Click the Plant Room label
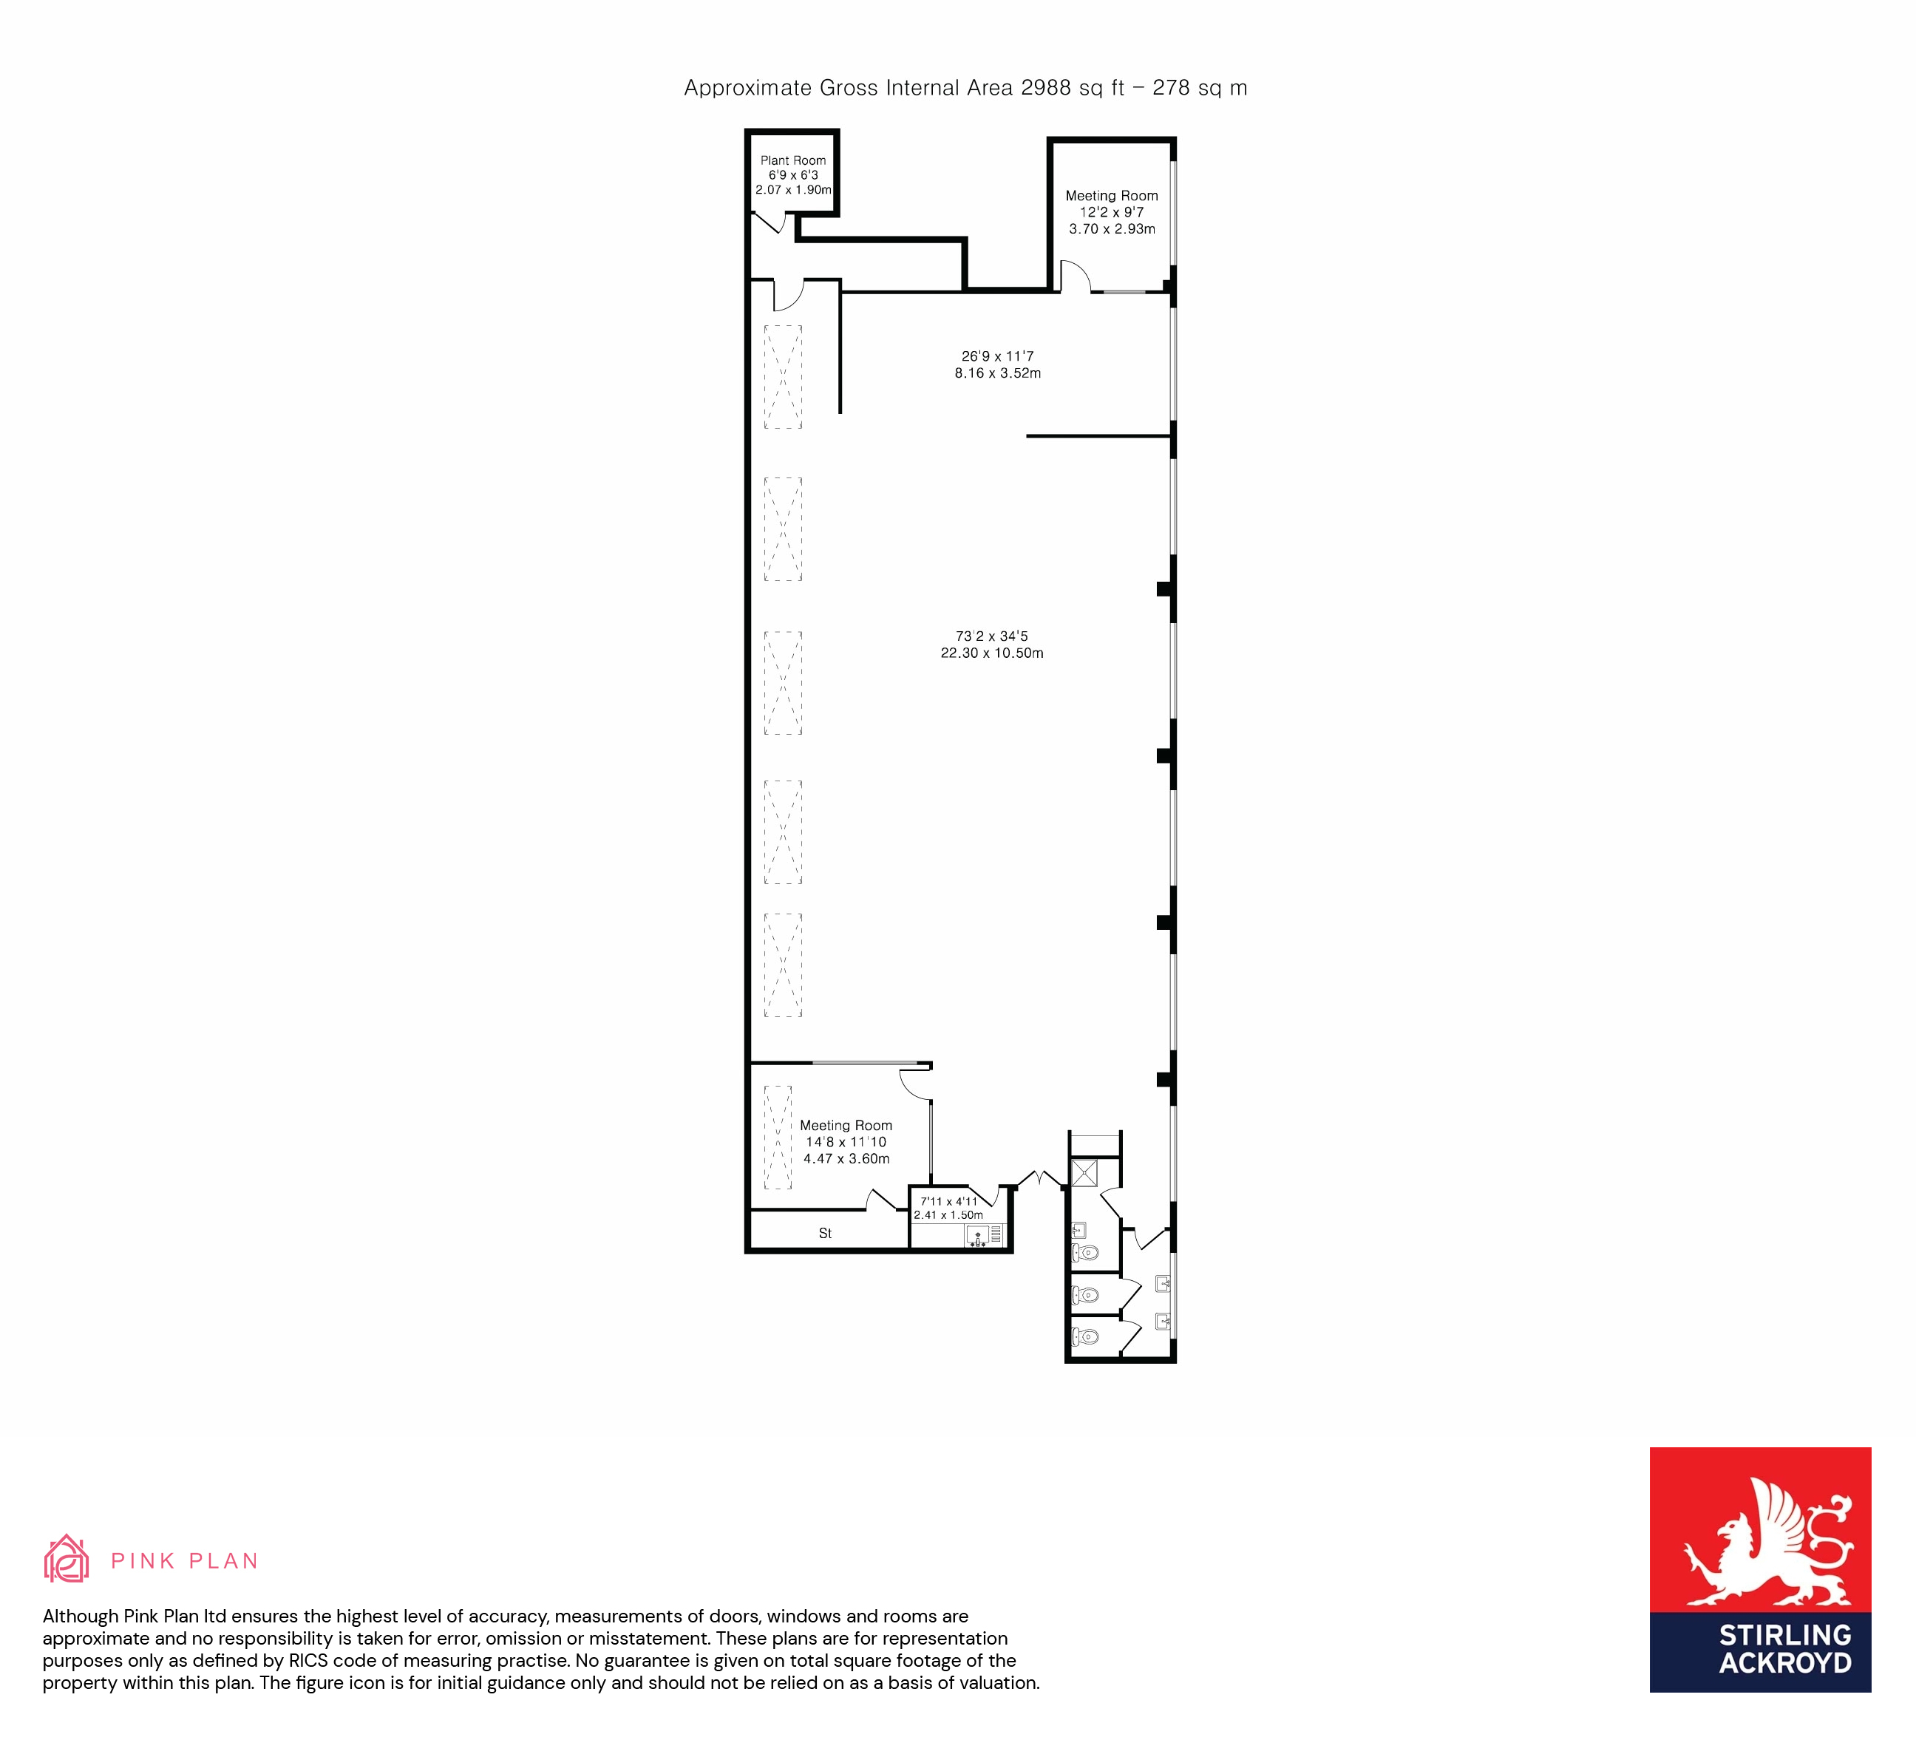(792, 160)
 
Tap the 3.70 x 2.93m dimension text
(1112, 229)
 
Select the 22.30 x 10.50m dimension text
(992, 653)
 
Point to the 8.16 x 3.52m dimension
(998, 373)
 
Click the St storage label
(825, 1234)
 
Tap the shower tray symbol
(1084, 1172)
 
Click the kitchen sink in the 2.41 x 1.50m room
(978, 1237)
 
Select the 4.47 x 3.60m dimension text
(847, 1158)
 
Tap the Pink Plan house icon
(67, 1560)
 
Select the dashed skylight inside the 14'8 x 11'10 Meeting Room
(778, 1138)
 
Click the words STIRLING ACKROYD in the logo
(1785, 1648)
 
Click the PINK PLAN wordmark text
(184, 1561)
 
